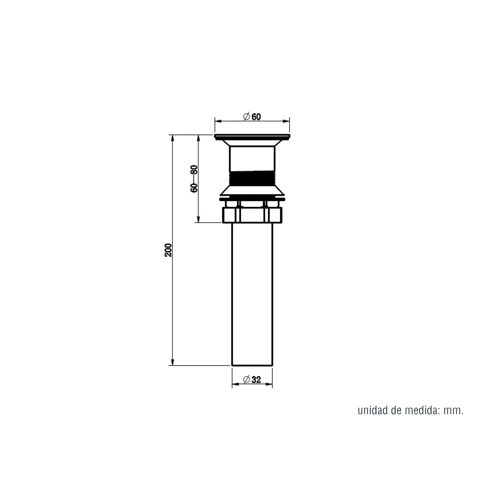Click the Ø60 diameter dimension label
point(252,116)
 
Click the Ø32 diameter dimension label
point(252,380)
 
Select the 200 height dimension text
point(168,250)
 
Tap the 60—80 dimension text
point(194,179)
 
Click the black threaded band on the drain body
point(252,179)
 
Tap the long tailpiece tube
point(252,294)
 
